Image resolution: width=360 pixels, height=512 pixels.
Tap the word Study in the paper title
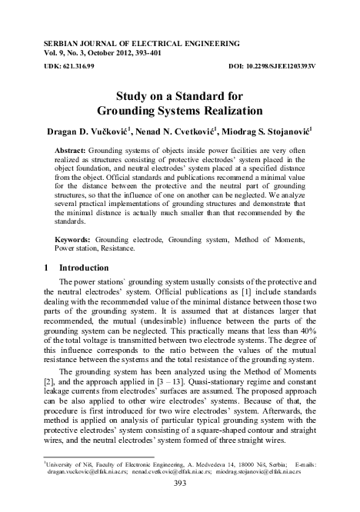click(x=132, y=98)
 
